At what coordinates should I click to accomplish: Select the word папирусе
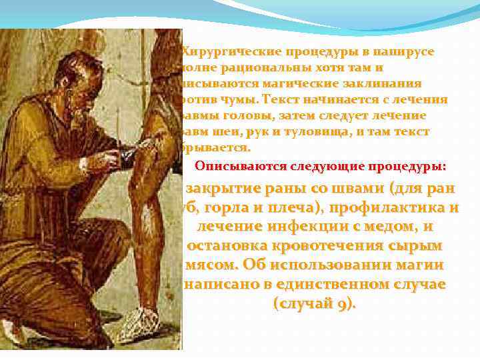pyautogui.click(x=407, y=52)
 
